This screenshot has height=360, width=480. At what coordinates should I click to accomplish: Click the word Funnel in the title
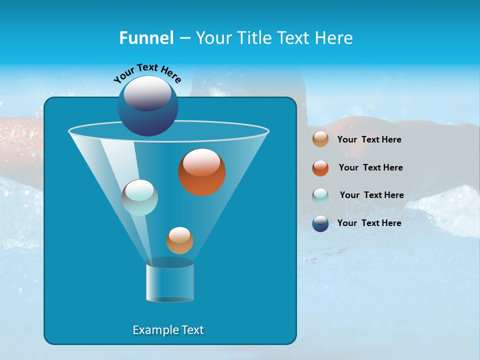pyautogui.click(x=146, y=38)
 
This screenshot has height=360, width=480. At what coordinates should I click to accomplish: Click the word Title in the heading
pyautogui.click(x=253, y=38)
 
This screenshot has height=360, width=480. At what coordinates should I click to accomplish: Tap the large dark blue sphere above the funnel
pyautogui.click(x=147, y=105)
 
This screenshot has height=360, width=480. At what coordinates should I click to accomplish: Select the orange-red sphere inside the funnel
pyautogui.click(x=201, y=172)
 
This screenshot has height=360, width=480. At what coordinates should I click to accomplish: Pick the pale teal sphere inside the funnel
pyautogui.click(x=139, y=197)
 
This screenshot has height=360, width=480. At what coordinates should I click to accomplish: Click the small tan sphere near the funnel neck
pyautogui.click(x=179, y=240)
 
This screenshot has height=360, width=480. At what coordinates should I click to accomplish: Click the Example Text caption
pyautogui.click(x=168, y=330)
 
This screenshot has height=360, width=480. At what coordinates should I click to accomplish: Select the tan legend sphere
pyautogui.click(x=320, y=139)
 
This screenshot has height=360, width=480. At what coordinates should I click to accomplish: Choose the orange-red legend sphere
pyautogui.click(x=320, y=168)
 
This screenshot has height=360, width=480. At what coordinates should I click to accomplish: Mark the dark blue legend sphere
pyautogui.click(x=320, y=223)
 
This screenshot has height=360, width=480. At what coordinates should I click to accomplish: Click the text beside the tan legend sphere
pyautogui.click(x=369, y=139)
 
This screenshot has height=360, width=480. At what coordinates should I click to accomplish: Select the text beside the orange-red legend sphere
pyautogui.click(x=370, y=167)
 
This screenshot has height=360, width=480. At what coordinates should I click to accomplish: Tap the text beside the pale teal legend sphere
pyautogui.click(x=371, y=195)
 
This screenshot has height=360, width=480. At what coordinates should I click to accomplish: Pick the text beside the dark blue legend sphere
pyautogui.click(x=369, y=223)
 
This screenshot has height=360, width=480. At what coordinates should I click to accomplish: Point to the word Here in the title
pyautogui.click(x=334, y=38)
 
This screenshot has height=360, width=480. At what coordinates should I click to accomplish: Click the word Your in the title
pyautogui.click(x=214, y=38)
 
